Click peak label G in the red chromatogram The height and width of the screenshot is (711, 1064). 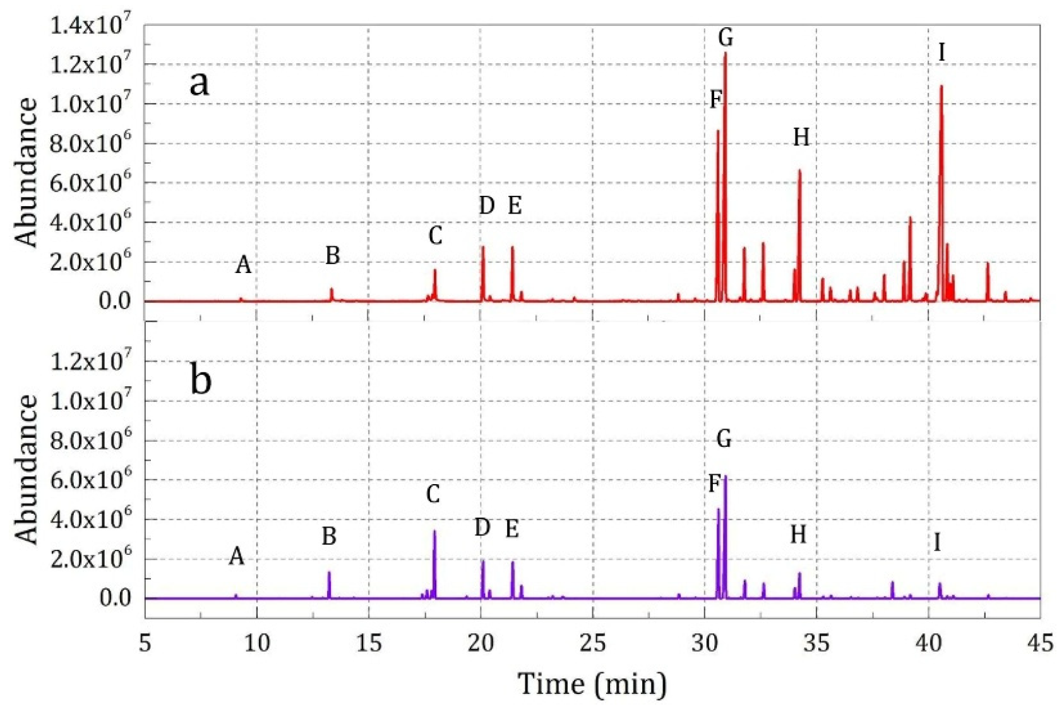(x=726, y=38)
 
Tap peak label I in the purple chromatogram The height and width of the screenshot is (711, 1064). (x=937, y=542)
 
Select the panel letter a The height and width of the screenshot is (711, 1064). (x=200, y=83)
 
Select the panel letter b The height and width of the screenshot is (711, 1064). (x=200, y=380)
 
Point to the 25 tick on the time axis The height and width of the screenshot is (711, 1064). (x=592, y=643)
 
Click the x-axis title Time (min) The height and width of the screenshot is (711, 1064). (x=592, y=684)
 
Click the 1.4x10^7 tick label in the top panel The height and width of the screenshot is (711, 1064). (x=90, y=26)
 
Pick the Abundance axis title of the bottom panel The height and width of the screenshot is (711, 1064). (x=27, y=469)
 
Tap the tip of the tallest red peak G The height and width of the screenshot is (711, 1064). (x=725, y=53)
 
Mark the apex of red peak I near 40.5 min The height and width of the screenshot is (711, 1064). (x=941, y=86)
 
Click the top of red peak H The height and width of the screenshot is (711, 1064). (x=799, y=170)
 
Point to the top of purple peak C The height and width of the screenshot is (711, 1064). (x=434, y=531)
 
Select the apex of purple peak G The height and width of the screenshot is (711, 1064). (x=726, y=476)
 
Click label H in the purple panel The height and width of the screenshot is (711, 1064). (x=798, y=535)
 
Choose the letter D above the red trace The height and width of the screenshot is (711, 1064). (x=486, y=205)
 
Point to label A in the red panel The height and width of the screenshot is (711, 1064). (x=243, y=265)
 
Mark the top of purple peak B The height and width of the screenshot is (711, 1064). (x=329, y=572)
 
